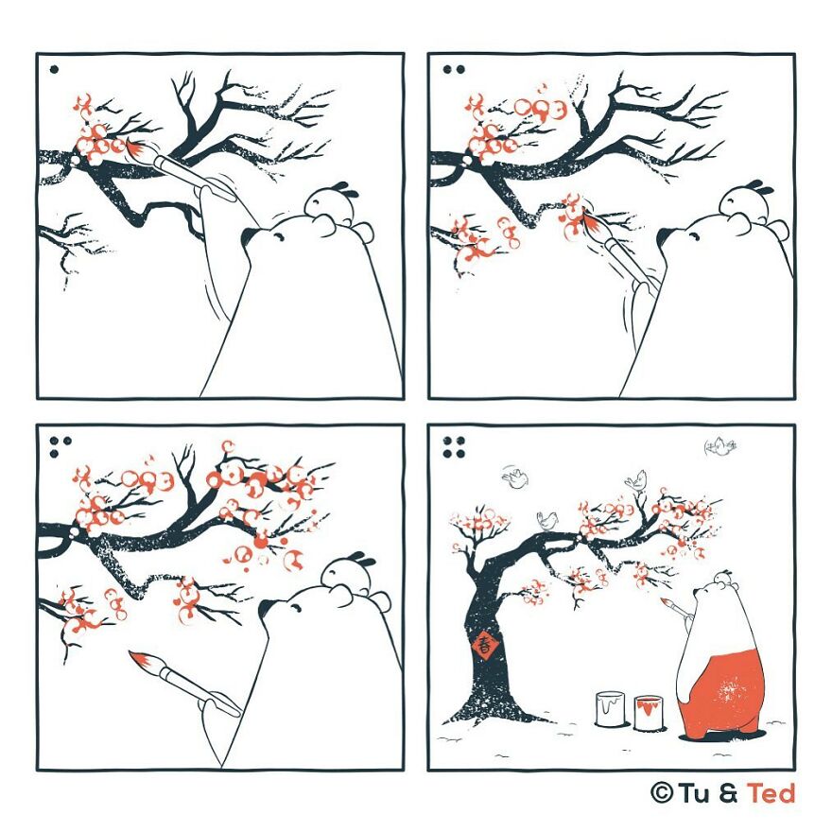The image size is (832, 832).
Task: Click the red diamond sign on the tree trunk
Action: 484,645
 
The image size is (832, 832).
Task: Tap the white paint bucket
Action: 611,709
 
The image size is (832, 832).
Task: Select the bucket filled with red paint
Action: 649,713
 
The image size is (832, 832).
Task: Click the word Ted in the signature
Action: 771,793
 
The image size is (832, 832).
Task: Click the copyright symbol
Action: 662,793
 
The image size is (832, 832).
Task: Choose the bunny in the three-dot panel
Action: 349,573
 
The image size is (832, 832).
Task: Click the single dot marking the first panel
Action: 54,70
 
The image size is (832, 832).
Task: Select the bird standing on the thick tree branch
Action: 548,520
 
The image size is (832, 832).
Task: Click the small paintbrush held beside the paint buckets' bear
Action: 674,607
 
